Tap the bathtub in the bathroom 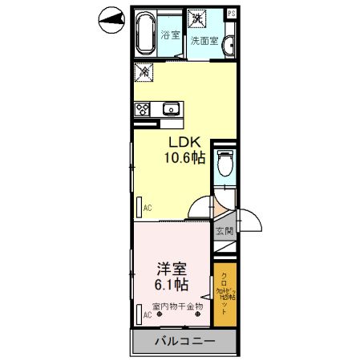(145, 34)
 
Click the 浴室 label (169, 35)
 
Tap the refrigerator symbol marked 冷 (144, 72)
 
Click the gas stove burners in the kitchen (144, 110)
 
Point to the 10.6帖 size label (185, 158)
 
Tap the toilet (226, 164)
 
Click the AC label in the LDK (148, 209)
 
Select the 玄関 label (224, 232)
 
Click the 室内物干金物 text (177, 306)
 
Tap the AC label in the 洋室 (147, 315)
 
